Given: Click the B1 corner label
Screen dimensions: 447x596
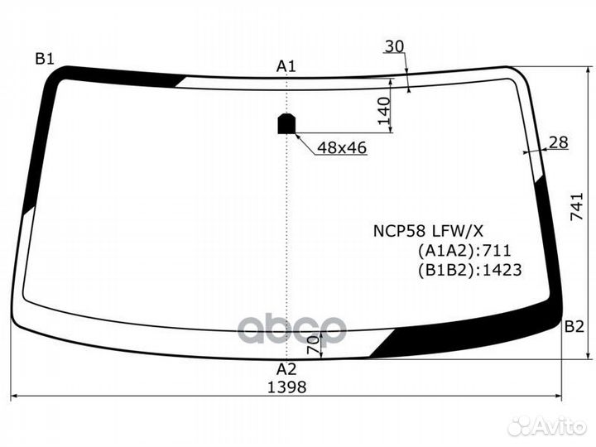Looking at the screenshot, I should pyautogui.click(x=44, y=58).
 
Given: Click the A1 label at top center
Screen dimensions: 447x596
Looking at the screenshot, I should pyautogui.click(x=286, y=65).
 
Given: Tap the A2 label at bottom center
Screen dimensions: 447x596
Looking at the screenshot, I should pyautogui.click(x=286, y=369).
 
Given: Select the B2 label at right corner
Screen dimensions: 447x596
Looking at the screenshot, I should pyautogui.click(x=574, y=326).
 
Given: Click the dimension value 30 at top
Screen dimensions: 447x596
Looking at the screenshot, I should pyautogui.click(x=395, y=46).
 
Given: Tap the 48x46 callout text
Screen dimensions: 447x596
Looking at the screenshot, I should pyautogui.click(x=342, y=147).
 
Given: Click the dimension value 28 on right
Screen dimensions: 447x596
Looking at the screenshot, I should pyautogui.click(x=559, y=142).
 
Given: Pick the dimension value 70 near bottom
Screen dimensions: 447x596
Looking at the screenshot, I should pyautogui.click(x=313, y=344).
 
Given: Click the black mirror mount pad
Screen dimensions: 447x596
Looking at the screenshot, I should pyautogui.click(x=286, y=123).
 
